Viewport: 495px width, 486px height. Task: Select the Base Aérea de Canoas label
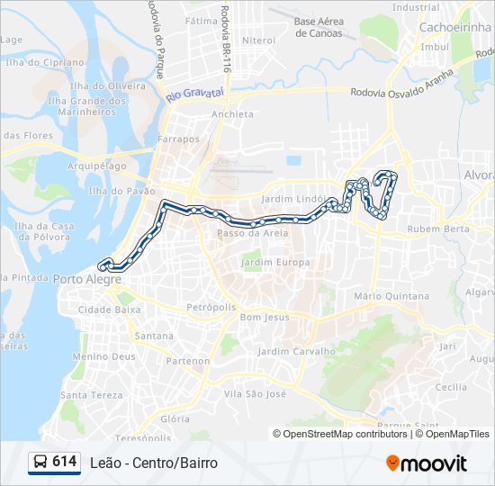[319, 27]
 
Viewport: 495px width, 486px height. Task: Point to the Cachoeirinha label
[453, 27]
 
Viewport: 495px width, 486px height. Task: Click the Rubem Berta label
[438, 229]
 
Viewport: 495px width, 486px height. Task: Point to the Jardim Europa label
[274, 263]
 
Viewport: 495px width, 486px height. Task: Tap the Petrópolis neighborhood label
[211, 307]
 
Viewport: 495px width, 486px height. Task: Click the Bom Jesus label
[265, 318]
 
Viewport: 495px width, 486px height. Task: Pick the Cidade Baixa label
[110, 310]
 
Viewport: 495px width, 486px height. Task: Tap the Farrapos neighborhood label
[177, 139]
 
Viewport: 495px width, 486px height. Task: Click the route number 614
[64, 462]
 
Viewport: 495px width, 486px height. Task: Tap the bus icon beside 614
[40, 463]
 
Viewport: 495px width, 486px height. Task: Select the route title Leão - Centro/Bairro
[154, 463]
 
